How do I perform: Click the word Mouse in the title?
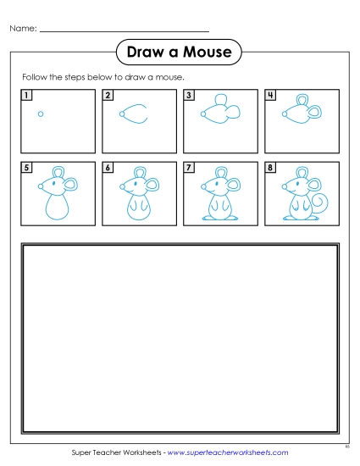pyautogui.click(x=208, y=53)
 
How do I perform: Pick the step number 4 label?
pyautogui.click(x=270, y=96)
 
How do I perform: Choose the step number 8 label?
pyautogui.click(x=270, y=168)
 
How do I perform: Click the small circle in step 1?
pyautogui.click(x=41, y=114)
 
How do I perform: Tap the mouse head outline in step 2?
pyautogui.click(x=133, y=114)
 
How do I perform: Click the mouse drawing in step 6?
pyautogui.click(x=136, y=197)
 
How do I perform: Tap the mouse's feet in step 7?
pyautogui.click(x=218, y=219)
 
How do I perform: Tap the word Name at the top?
pyautogui.click(x=22, y=29)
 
